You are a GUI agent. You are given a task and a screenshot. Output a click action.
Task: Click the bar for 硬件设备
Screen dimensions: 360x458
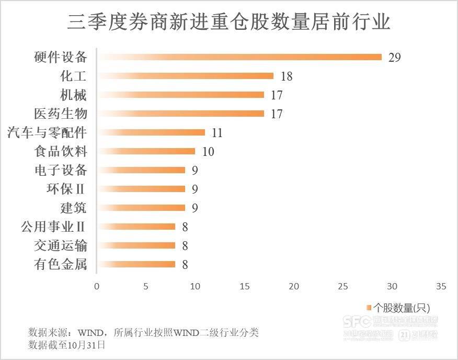click(x=239, y=57)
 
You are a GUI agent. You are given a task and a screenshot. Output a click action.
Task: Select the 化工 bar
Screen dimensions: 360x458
click(x=185, y=76)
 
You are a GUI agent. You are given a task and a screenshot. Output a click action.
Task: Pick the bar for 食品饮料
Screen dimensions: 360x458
click(x=146, y=151)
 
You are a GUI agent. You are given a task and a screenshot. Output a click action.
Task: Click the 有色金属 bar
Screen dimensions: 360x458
click(x=136, y=264)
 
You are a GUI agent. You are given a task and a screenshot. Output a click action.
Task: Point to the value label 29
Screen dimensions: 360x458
click(x=394, y=58)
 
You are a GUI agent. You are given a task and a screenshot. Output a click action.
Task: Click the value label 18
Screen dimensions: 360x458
click(x=286, y=76)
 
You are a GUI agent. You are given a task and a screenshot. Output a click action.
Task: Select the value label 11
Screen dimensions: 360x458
click(x=217, y=133)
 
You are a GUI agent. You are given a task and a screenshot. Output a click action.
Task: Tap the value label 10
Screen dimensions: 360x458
click(x=208, y=152)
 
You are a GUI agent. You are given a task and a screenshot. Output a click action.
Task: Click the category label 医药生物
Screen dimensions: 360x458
click(x=60, y=114)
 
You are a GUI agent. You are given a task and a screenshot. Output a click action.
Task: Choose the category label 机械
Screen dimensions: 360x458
click(x=73, y=95)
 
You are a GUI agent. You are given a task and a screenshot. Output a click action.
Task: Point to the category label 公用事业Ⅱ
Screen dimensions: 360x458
click(x=53, y=227)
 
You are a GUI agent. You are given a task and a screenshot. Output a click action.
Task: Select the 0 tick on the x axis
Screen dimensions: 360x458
click(x=97, y=286)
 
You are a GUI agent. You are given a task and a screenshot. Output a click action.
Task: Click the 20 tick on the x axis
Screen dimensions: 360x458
click(x=294, y=286)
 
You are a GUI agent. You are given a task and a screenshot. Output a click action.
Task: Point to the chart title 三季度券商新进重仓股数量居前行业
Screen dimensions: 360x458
click(x=228, y=22)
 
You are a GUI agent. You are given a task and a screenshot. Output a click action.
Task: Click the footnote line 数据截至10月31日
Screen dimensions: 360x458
click(x=66, y=345)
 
